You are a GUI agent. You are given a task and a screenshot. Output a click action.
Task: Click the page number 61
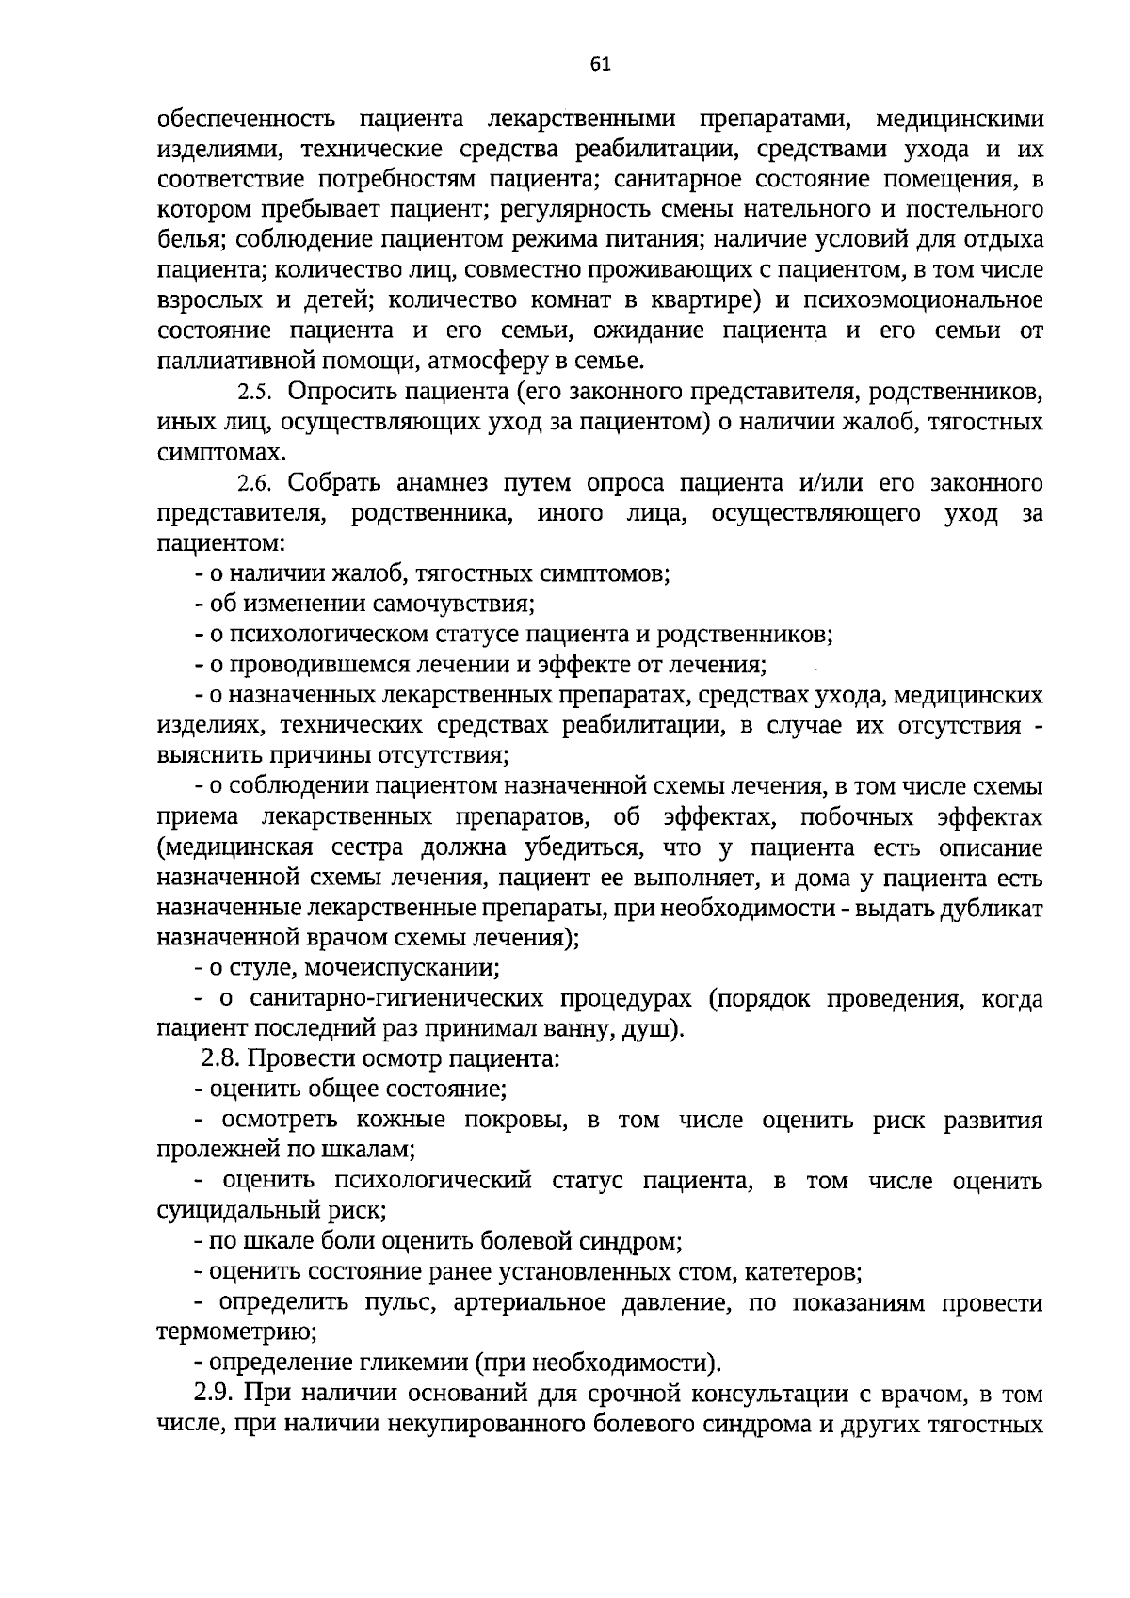[x=600, y=64]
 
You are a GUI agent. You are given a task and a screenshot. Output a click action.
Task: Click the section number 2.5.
[x=253, y=392]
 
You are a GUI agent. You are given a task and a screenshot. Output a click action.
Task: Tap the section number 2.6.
[x=253, y=485]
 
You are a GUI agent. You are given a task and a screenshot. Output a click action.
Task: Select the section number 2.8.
[x=221, y=1058]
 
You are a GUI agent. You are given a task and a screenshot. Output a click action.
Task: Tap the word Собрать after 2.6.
[x=335, y=484]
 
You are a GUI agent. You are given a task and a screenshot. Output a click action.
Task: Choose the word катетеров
[x=802, y=1273]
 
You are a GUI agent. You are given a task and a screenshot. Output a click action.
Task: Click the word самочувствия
[x=454, y=605]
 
